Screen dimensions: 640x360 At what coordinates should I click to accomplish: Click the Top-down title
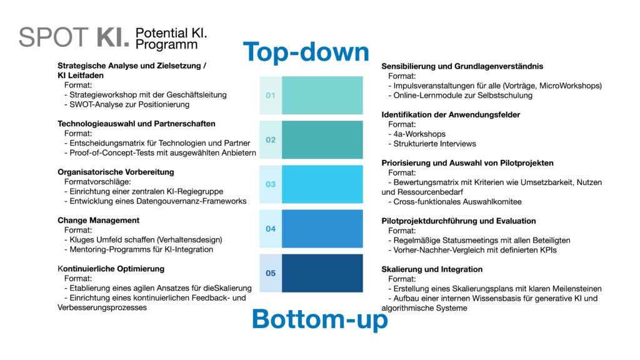pyautogui.click(x=306, y=52)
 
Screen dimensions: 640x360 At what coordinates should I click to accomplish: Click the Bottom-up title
pyautogui.click(x=320, y=319)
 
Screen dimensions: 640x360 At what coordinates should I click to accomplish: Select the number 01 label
pyautogui.click(x=271, y=96)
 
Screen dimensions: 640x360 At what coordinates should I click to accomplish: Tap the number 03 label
pyautogui.click(x=271, y=184)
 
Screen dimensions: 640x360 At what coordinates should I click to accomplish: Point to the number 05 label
pyautogui.click(x=271, y=274)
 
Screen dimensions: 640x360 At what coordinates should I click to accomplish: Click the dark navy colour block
pyautogui.click(x=322, y=273)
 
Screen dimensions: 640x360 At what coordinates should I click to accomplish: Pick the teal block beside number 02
pyautogui.click(x=322, y=139)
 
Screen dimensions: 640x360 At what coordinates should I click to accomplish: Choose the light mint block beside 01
pyautogui.click(x=322, y=95)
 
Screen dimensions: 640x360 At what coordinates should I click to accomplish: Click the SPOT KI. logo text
pyautogui.click(x=74, y=37)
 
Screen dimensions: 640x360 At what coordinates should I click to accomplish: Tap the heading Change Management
pyautogui.click(x=98, y=221)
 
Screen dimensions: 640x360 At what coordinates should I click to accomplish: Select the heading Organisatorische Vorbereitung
pyautogui.click(x=116, y=172)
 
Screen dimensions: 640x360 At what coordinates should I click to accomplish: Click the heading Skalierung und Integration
pyautogui.click(x=432, y=269)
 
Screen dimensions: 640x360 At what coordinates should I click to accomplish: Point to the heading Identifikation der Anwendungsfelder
pyautogui.click(x=451, y=115)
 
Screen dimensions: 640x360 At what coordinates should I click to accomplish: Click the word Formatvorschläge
pyautogui.click(x=97, y=182)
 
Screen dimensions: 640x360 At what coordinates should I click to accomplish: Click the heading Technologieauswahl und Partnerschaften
pyautogui.click(x=136, y=124)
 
